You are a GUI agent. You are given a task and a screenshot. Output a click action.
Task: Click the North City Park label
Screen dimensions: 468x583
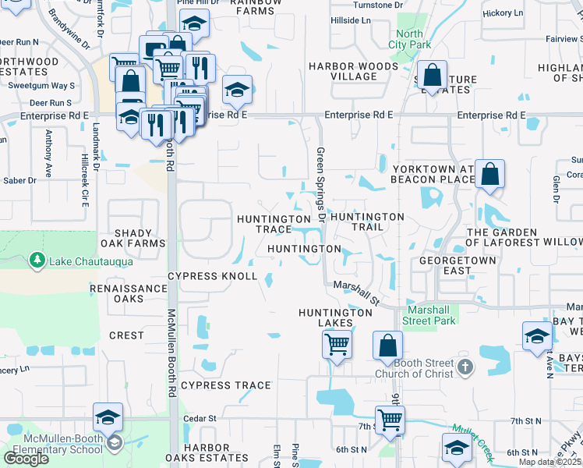(x=410, y=39)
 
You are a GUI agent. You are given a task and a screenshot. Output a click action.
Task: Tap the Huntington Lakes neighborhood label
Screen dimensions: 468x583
(x=336, y=317)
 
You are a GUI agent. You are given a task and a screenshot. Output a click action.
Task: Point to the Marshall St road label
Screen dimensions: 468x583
(x=356, y=292)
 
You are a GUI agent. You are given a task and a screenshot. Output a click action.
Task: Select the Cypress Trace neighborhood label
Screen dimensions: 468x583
(x=226, y=385)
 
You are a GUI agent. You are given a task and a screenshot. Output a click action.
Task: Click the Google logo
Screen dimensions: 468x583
(x=26, y=459)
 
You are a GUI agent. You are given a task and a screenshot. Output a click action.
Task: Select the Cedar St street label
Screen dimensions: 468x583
(x=200, y=419)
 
